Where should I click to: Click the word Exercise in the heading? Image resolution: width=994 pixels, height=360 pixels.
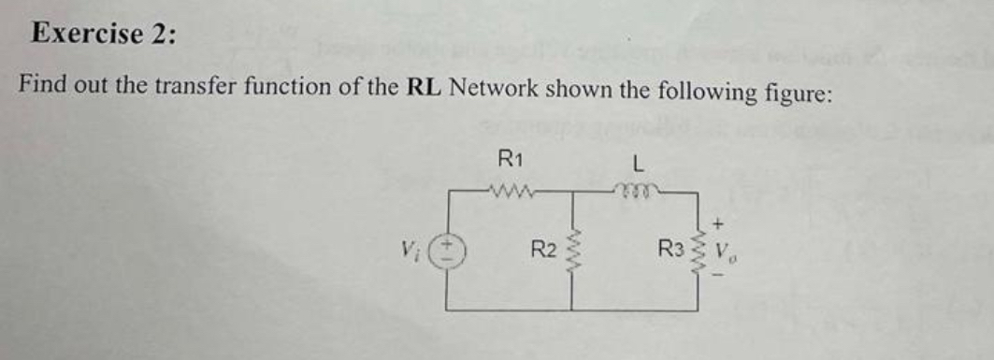click(84, 34)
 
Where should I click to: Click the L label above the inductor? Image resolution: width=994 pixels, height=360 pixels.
click(637, 163)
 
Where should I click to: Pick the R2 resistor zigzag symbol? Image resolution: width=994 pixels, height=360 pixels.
click(572, 251)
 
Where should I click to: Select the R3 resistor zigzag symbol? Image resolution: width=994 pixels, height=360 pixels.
click(699, 251)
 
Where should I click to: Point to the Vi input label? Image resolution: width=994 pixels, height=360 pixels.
click(409, 251)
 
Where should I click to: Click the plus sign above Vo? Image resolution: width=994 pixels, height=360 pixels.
click(718, 224)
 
